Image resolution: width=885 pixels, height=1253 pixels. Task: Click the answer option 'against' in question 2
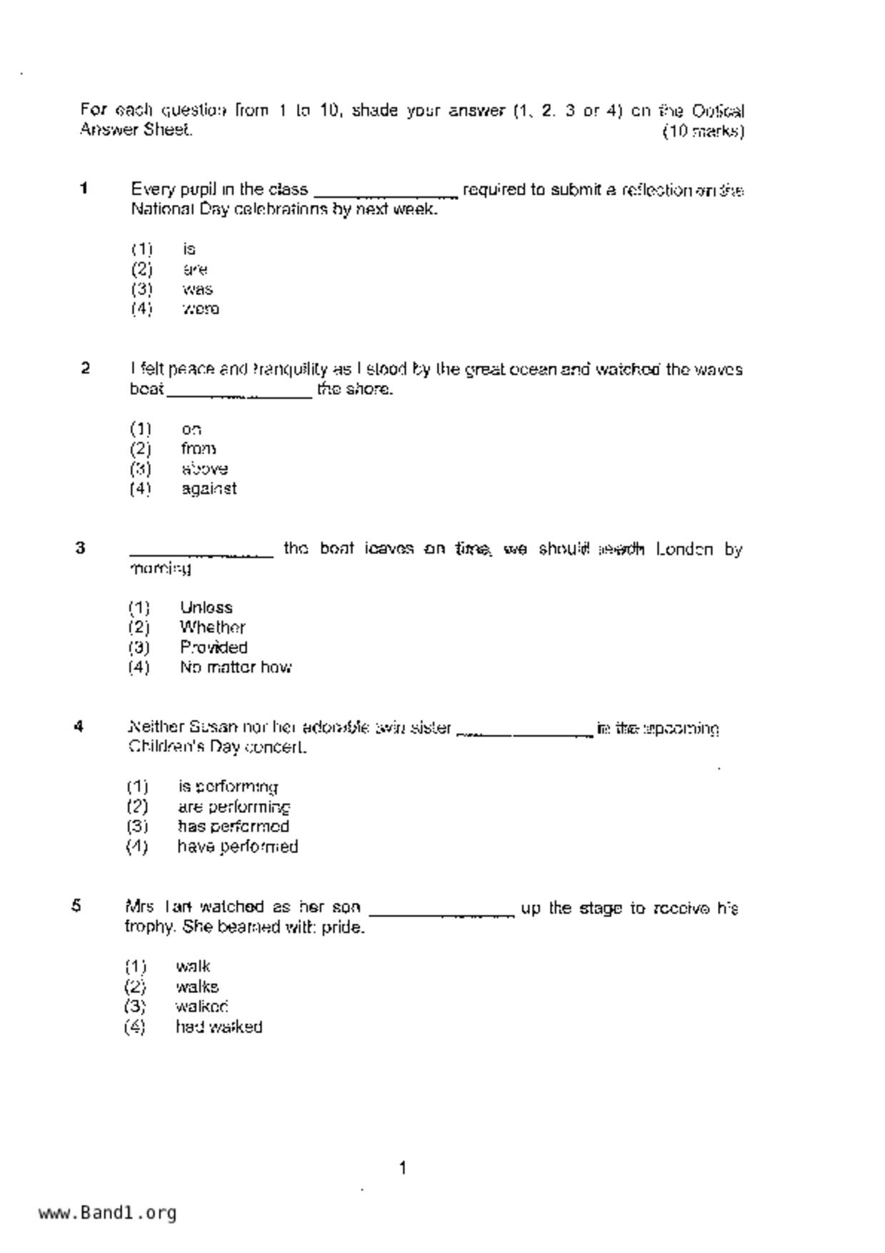tap(209, 489)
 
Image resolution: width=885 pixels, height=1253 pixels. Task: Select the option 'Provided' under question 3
tap(214, 647)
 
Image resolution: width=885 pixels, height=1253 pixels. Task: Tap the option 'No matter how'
tap(236, 667)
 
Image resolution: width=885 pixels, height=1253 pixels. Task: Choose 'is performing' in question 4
tap(228, 787)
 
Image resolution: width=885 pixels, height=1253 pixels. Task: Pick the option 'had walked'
tap(219, 1027)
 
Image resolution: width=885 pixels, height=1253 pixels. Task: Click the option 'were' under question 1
tap(201, 309)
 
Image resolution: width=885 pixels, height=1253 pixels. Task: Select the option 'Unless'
tap(206, 607)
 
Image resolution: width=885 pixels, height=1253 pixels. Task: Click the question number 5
tap(76, 906)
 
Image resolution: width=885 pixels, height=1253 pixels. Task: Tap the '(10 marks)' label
tap(704, 131)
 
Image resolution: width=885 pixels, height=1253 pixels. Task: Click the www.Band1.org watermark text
tap(107, 1212)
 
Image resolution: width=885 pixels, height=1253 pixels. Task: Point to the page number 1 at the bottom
tap(403, 1168)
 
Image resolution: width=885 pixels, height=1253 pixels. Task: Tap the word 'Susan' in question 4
tap(213, 727)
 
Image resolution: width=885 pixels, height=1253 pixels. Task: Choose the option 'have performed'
tap(238, 847)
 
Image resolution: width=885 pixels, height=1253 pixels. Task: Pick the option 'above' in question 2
tap(205, 469)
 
